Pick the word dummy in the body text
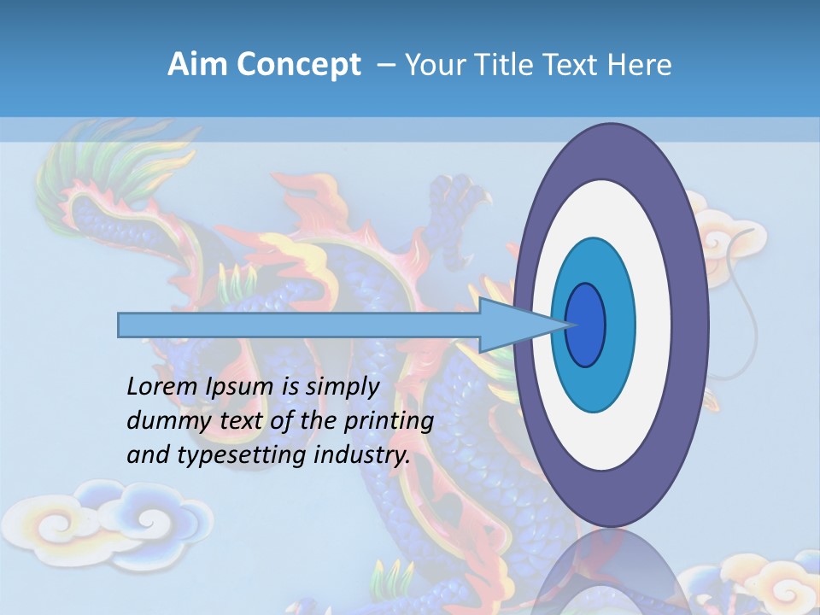click(159, 421)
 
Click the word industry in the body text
click(362, 455)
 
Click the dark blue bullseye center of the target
click(586, 325)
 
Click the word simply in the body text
click(342, 387)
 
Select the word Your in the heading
click(432, 64)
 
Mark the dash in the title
click(386, 65)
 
